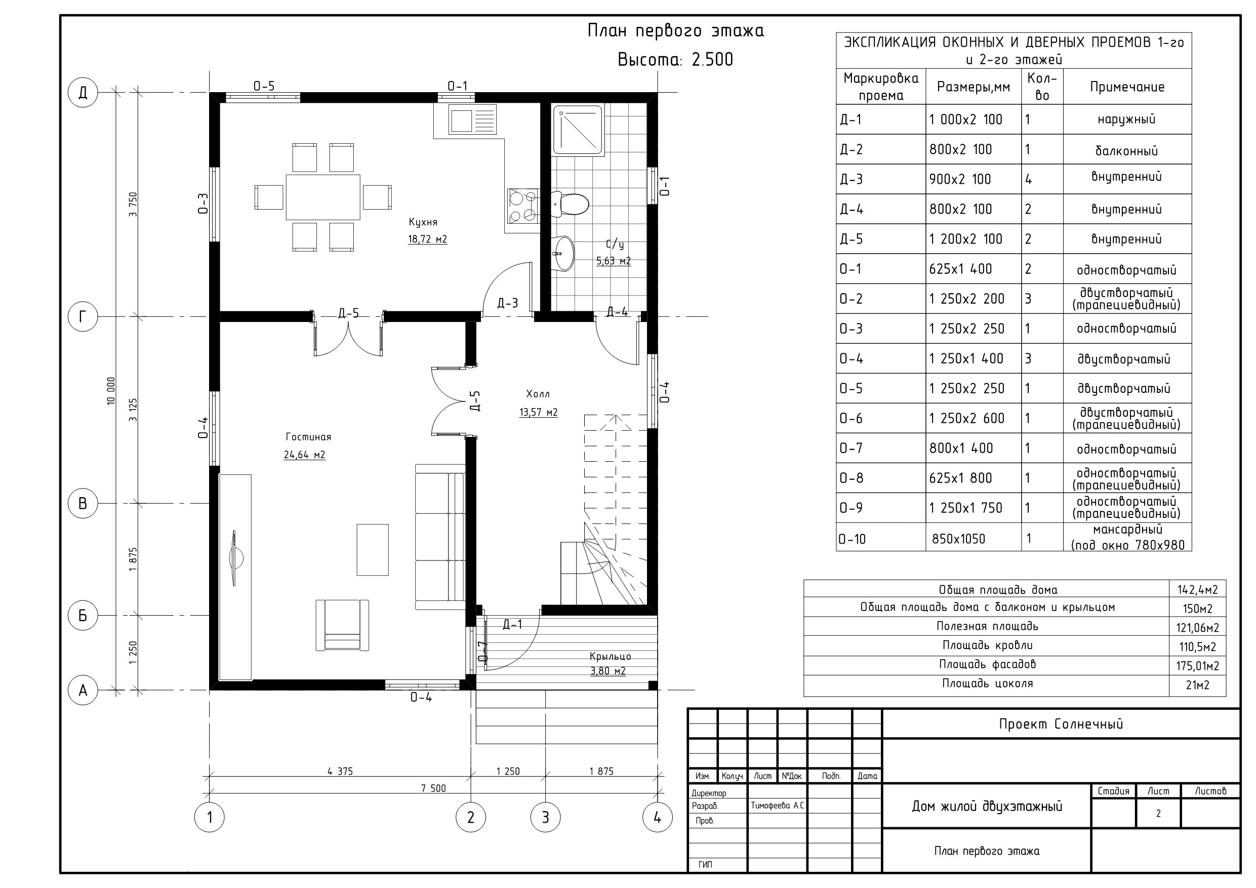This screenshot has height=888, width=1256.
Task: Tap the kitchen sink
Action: pos(472,120)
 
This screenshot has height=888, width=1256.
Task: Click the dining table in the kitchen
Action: pos(323,197)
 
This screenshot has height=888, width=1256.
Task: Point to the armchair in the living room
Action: pos(342,625)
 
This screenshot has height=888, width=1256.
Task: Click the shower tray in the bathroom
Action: pos(578,130)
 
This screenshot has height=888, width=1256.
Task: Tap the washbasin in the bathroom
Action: pos(563,253)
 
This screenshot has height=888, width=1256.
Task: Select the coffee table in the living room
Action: pos(373,550)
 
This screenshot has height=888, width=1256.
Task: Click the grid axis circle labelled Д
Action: pos(83,93)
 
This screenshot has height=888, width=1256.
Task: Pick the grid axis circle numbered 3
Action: pos(545,818)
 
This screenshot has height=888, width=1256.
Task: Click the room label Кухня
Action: pos(423,222)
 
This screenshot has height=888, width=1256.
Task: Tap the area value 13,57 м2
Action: pos(538,412)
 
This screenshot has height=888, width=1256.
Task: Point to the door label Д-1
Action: pos(512,624)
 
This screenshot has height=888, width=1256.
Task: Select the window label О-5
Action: pos(264,86)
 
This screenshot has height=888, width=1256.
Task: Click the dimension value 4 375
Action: pos(340,772)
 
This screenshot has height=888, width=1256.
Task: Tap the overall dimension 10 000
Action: pos(111,391)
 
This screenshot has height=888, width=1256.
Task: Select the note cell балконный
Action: pos(1126,150)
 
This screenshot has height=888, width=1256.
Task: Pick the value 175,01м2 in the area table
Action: pos(1197,666)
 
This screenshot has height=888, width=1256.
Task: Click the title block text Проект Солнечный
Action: pos(1061,724)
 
